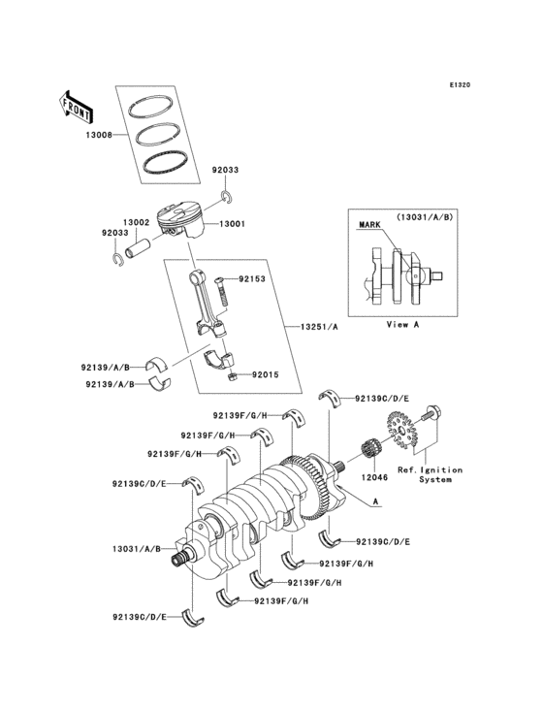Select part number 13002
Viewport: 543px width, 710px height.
click(x=135, y=222)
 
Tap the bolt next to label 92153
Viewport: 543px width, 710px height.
click(x=221, y=285)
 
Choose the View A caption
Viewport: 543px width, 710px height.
click(x=402, y=324)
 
